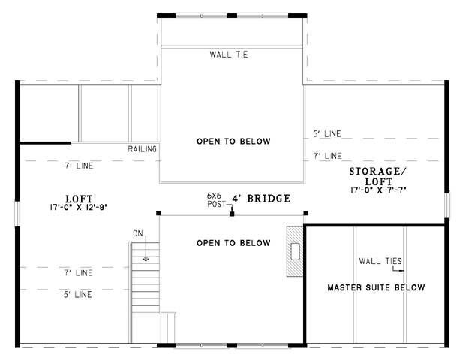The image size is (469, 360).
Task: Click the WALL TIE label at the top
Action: [229, 55]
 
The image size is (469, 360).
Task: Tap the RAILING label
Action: [143, 149]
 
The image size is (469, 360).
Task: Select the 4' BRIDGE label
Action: [261, 199]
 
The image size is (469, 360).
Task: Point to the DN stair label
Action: [138, 233]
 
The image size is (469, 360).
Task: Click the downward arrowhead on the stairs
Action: [146, 259]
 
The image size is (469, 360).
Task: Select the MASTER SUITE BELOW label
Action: [376, 287]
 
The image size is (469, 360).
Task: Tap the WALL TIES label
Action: [380, 261]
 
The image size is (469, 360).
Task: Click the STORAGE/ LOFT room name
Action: [378, 176]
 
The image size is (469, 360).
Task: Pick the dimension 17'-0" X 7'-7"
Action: [378, 190]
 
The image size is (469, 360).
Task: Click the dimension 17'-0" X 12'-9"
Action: [79, 207]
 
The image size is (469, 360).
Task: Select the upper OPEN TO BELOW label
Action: [233, 142]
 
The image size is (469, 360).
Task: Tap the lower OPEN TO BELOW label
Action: [233, 243]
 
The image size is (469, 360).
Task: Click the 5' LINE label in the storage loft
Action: [327, 134]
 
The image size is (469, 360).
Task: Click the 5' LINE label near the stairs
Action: [78, 295]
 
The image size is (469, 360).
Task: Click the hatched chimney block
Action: [295, 251]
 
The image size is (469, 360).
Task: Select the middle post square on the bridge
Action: [232, 214]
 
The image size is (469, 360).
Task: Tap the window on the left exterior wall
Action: [17, 214]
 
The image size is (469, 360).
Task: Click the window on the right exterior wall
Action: [447, 205]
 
